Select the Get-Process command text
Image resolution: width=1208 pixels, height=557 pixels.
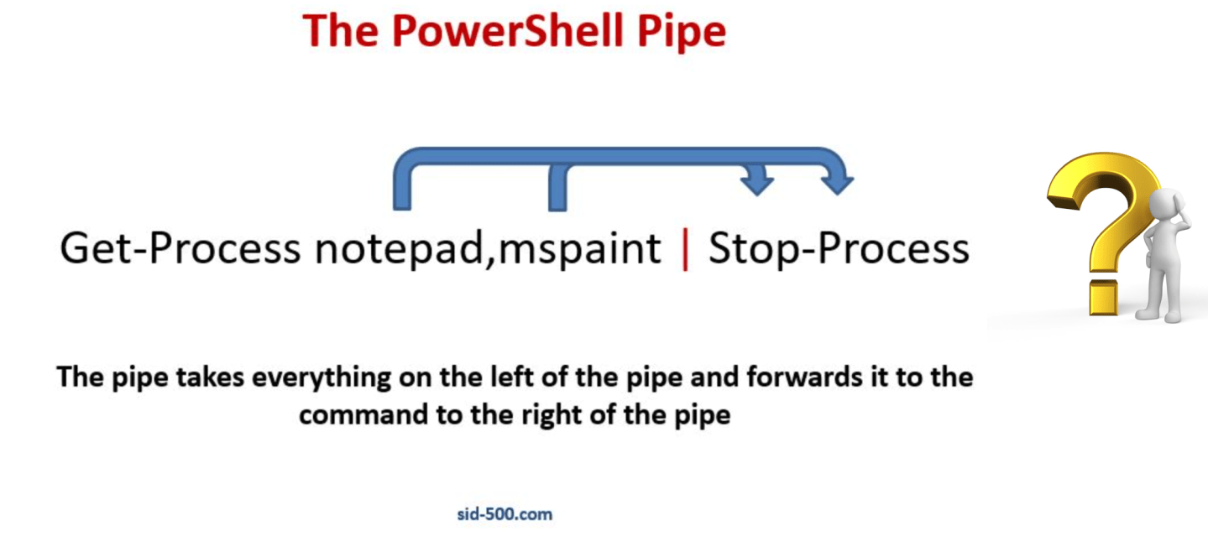pos(180,248)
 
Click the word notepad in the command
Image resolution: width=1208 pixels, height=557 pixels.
pos(396,248)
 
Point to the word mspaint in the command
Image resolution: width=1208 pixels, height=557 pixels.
pos(579,248)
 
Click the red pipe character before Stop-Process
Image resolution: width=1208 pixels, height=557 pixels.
pos(685,249)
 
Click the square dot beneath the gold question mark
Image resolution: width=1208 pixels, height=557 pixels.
pos(1105,299)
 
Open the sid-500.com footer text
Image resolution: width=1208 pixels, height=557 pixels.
pos(505,514)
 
